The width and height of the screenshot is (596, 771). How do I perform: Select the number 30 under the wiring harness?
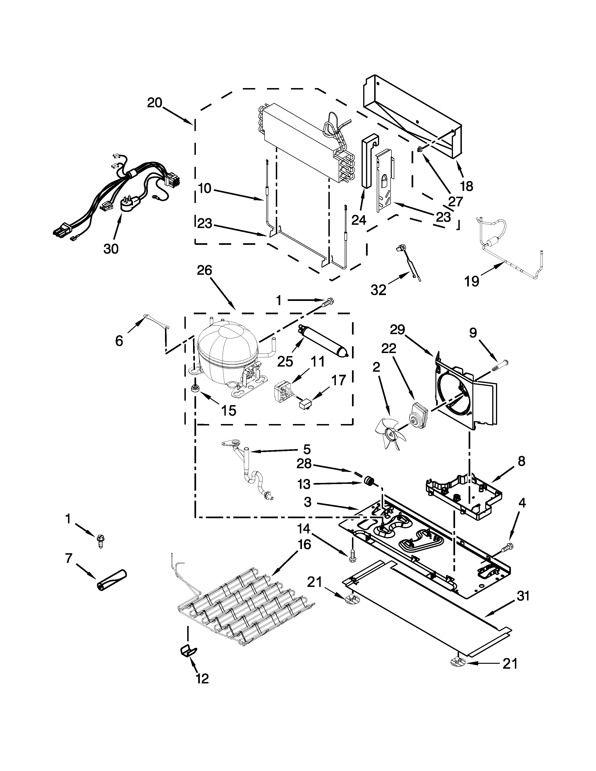tap(111, 249)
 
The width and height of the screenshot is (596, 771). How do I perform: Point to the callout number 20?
tap(155, 103)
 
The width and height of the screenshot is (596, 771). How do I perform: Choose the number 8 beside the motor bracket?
tap(521, 461)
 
